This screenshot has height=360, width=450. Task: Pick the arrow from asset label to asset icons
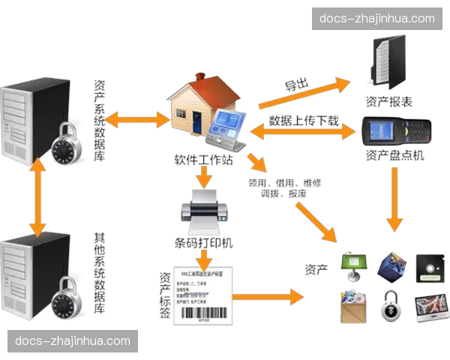pyautogui.click(x=270, y=298)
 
